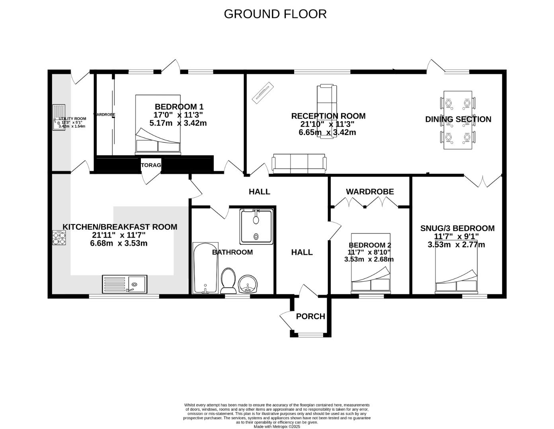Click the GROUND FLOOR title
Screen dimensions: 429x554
pyautogui.click(x=275, y=14)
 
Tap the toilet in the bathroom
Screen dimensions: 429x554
pyautogui.click(x=228, y=280)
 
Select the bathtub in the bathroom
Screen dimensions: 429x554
pyautogui.click(x=205, y=268)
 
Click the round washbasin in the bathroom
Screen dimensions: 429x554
pyautogui.click(x=248, y=284)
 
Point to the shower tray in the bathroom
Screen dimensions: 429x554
pyautogui.click(x=256, y=226)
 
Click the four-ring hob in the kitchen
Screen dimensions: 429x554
pyautogui.click(x=59, y=238)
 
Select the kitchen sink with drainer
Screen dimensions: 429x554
pyautogui.click(x=125, y=284)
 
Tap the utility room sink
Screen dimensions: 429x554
pyautogui.click(x=59, y=117)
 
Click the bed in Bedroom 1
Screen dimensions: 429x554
pyautogui.click(x=158, y=125)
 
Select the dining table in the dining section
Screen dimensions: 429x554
pyautogui.click(x=458, y=120)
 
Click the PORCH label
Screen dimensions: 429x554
pyautogui.click(x=310, y=316)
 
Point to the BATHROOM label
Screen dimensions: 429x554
pyautogui.click(x=232, y=252)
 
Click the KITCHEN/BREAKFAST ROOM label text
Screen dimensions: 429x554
pyautogui.click(x=120, y=227)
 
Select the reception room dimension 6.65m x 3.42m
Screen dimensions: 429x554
pyautogui.click(x=327, y=132)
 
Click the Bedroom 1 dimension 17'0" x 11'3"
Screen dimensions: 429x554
pyautogui.click(x=178, y=115)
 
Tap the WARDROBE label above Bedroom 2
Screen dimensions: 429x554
pyautogui.click(x=370, y=191)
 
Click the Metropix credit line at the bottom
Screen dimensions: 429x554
pyautogui.click(x=277, y=427)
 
